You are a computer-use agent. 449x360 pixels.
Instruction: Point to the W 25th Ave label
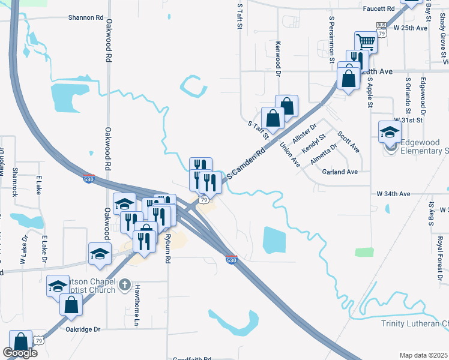411,28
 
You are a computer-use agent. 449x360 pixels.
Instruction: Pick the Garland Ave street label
340,172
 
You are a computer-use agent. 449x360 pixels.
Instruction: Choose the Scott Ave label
348,142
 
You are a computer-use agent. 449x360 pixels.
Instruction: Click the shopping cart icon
366,42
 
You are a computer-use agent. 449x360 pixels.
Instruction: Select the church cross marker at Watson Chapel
125,284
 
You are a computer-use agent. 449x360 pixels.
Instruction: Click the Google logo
20,353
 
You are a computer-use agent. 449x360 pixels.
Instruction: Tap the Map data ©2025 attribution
423,355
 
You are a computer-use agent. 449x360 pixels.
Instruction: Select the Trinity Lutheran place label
415,324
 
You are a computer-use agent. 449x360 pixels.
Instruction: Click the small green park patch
364,252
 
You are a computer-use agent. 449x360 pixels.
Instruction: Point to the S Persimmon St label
331,40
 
